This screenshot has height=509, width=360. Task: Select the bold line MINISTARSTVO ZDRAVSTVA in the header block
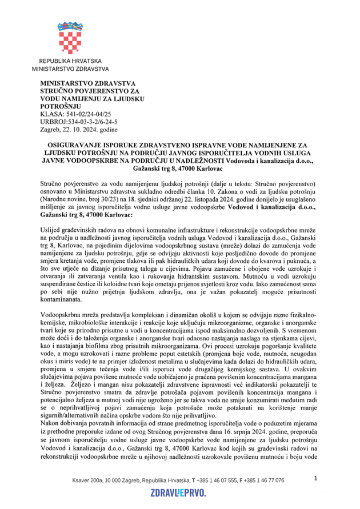tap(83, 83)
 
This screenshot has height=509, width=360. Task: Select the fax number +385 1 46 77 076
tap(263, 480)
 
